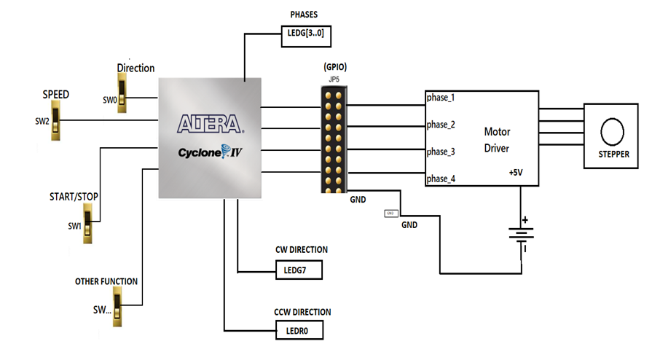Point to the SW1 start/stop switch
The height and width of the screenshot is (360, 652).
(x=88, y=224)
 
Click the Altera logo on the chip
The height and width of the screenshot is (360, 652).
(x=210, y=122)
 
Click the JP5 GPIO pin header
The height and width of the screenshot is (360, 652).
(x=335, y=139)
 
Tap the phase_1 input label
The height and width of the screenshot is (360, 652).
(x=441, y=98)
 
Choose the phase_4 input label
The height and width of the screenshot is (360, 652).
(x=441, y=178)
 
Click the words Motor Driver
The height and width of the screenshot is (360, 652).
(x=498, y=140)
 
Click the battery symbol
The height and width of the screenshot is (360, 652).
(x=522, y=235)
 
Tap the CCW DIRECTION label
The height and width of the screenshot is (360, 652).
(x=302, y=312)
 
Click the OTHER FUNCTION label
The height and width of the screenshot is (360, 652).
(x=106, y=281)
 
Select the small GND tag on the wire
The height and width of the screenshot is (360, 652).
(x=391, y=213)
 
